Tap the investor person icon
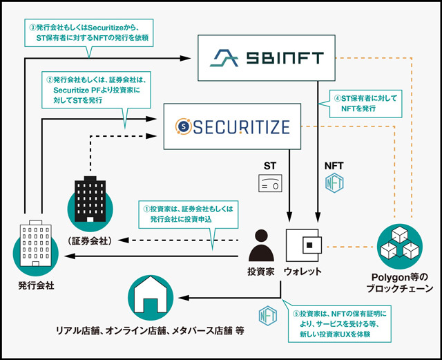coord(261,245)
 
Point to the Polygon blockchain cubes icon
coord(400,246)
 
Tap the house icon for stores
coord(151,297)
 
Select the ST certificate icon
coord(270,183)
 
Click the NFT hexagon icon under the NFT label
coord(334,183)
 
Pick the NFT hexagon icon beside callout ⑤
coord(267,316)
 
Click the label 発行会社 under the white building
coord(36,285)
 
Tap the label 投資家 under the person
coord(261,272)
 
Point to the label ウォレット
coord(302,272)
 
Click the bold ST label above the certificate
coord(270,166)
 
